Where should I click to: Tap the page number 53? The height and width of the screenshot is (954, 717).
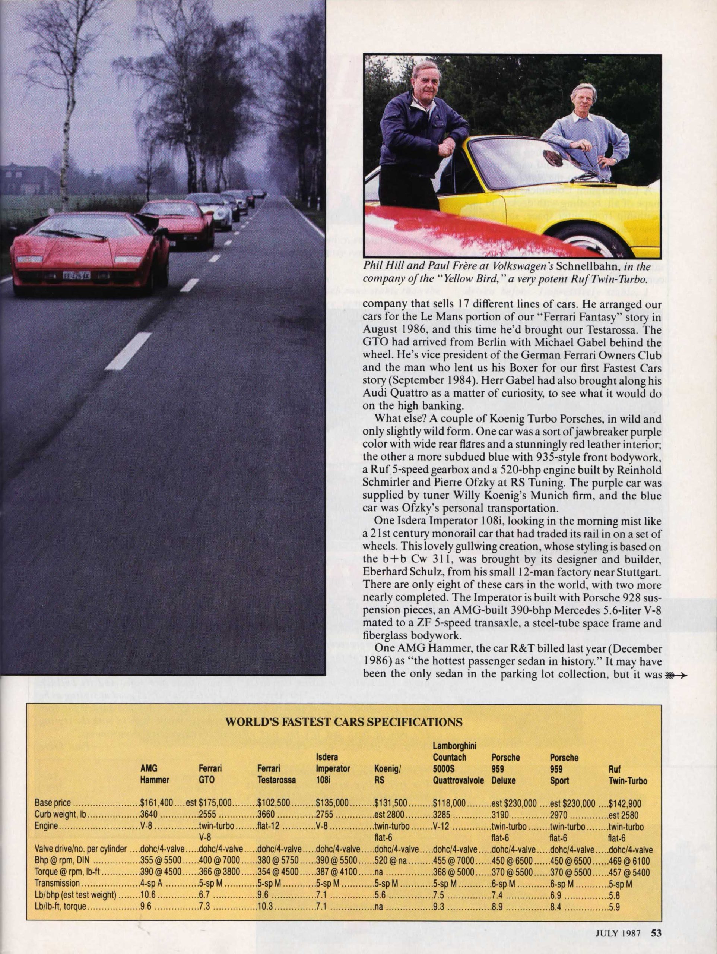click(656, 930)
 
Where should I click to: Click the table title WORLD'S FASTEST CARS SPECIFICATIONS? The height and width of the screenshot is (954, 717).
click(345, 723)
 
